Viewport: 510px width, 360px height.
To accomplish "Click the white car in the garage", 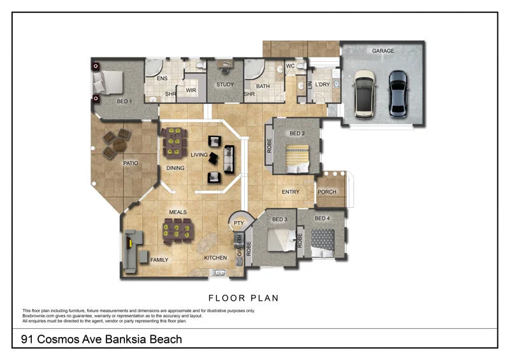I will [365, 94].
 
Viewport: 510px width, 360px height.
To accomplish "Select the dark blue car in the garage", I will [398, 94].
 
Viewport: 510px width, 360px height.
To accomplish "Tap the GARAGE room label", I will [383, 51].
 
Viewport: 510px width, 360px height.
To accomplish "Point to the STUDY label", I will [225, 85].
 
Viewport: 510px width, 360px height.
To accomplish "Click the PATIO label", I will [131, 163].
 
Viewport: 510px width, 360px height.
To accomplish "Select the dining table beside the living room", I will [174, 143].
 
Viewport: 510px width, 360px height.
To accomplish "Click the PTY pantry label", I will [239, 223].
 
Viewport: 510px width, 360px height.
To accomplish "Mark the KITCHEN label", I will [215, 258].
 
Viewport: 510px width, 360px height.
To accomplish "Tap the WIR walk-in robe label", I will [191, 90].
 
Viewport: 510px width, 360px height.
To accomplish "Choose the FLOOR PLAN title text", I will [244, 298].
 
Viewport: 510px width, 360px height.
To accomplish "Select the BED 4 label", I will [322, 219].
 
